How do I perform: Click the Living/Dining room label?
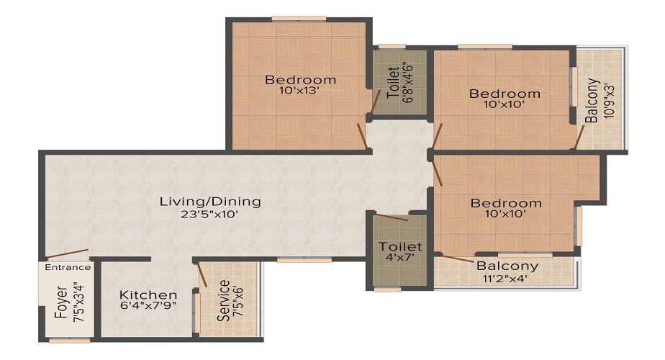[209, 202]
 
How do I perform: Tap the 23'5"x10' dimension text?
[209, 214]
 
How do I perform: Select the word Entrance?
[68, 267]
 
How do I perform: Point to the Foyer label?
[60, 304]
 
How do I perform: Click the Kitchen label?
[148, 295]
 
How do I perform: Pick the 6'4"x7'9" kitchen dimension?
[148, 306]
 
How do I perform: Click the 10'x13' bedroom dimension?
[300, 91]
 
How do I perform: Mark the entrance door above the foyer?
[68, 254]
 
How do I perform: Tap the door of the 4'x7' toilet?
[392, 217]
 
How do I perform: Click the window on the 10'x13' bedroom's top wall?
[299, 19]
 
